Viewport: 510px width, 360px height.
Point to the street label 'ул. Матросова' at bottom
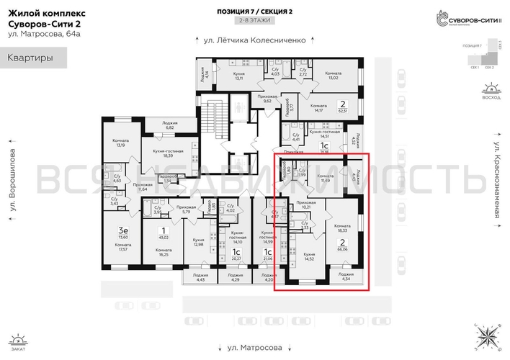[x=255, y=347]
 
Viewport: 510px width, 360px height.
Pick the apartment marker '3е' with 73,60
[x=123, y=233]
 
